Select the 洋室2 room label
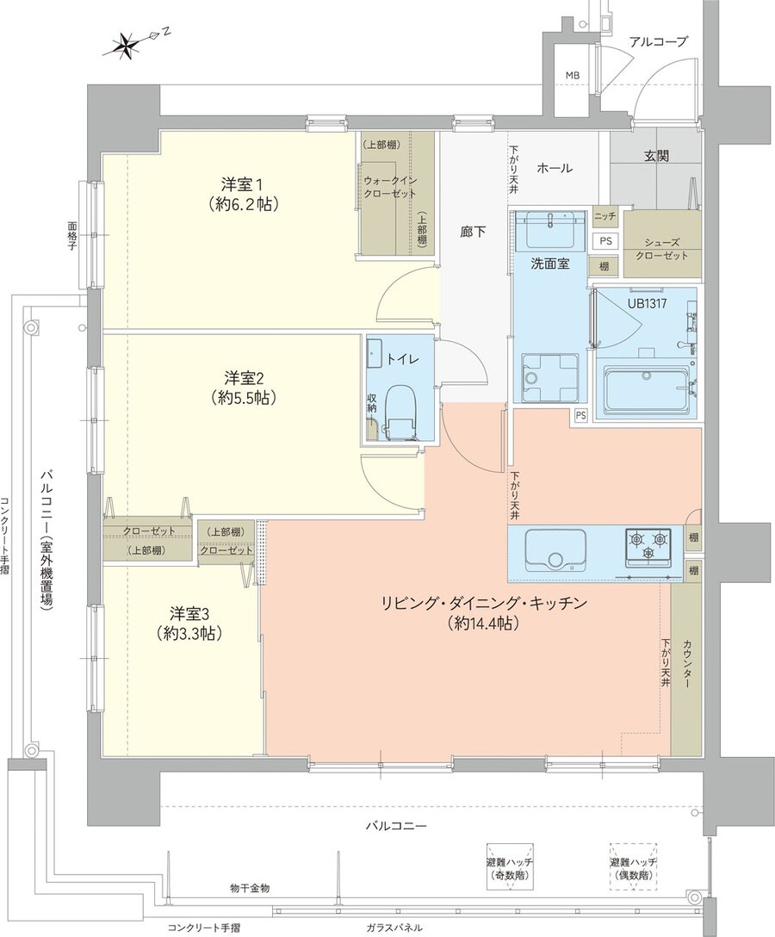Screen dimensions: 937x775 click(x=244, y=388)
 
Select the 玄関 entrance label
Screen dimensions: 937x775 click(x=656, y=156)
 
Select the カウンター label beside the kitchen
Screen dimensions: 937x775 click(x=688, y=664)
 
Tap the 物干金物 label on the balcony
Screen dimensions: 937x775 click(x=250, y=887)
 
